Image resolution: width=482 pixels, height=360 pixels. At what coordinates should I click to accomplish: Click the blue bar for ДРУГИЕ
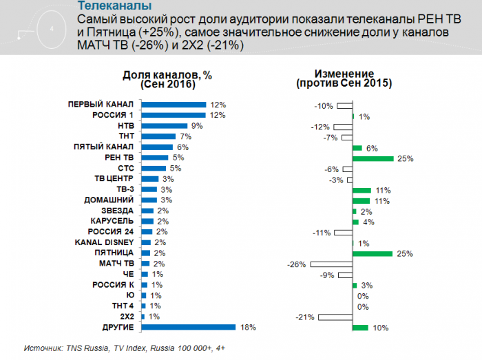[x=187, y=328]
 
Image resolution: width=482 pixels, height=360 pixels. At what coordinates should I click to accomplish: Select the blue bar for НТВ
[x=164, y=126]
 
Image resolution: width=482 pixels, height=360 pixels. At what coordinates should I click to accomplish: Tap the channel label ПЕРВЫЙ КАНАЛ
[x=101, y=105]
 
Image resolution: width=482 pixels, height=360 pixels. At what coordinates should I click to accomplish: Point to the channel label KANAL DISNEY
[x=104, y=243]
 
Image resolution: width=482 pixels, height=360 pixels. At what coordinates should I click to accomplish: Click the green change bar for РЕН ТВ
[x=373, y=158]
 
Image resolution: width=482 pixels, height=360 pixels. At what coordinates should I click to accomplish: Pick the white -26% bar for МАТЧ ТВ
[x=331, y=264]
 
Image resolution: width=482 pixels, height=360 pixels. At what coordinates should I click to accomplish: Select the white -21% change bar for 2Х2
[x=335, y=317]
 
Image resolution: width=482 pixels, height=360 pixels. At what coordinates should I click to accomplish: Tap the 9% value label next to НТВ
[x=196, y=126]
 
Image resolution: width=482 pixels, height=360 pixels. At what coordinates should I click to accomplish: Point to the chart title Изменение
[x=344, y=74]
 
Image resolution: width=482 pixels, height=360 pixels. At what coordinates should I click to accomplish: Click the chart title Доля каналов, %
[x=167, y=74]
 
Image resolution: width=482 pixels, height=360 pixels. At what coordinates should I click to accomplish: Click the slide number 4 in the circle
[x=53, y=29]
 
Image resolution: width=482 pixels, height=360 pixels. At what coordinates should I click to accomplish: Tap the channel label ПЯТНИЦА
[x=113, y=253]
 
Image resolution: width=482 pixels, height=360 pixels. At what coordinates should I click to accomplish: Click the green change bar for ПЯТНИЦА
[x=373, y=253]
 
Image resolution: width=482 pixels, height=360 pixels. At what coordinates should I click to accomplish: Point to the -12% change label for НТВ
[x=320, y=127]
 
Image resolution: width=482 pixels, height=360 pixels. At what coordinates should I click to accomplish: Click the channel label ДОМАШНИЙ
[x=109, y=200]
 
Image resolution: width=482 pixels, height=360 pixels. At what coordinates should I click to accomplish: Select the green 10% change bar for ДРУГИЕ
[x=360, y=328]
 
